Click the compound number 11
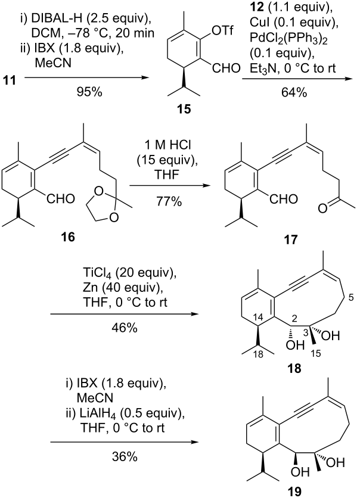(x=10, y=80)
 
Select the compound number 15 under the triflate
(x=184, y=109)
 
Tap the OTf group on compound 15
(x=222, y=32)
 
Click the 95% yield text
(x=89, y=92)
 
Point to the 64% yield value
(x=294, y=92)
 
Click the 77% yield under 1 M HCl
(x=169, y=201)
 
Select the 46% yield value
(x=125, y=328)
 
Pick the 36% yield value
(x=125, y=456)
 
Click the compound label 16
(x=68, y=237)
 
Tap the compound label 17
(x=291, y=239)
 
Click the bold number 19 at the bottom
(x=294, y=491)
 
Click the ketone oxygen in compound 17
(x=322, y=209)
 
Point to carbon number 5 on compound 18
(x=351, y=297)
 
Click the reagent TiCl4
(x=98, y=274)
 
